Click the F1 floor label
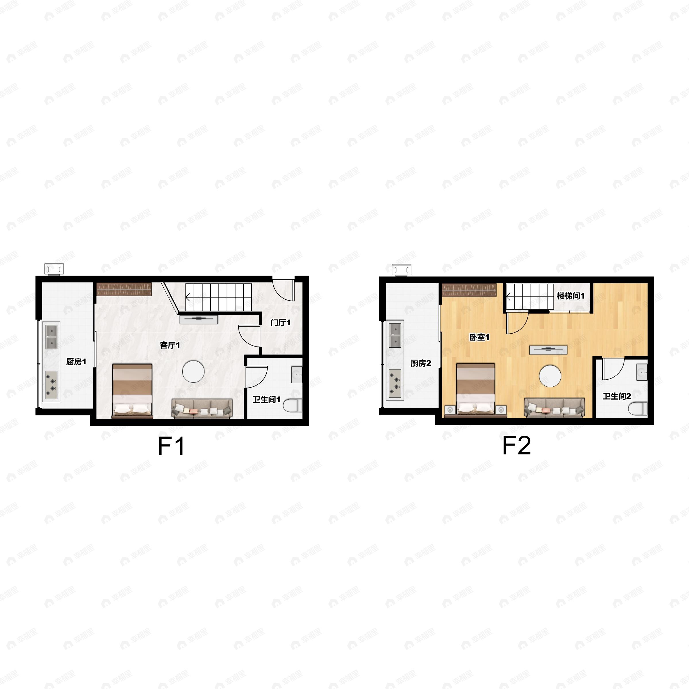[x=171, y=446]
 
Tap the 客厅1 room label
[x=170, y=345]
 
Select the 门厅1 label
[x=280, y=323]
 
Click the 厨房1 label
[x=76, y=362]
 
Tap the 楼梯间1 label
[x=571, y=296]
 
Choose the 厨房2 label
[x=421, y=363]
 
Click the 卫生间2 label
[x=617, y=396]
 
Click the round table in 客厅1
[x=193, y=371]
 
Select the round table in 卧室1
[x=550, y=376]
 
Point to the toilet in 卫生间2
[x=638, y=409]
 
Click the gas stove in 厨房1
[x=51, y=384]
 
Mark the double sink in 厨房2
[x=395, y=335]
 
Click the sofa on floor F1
[x=202, y=408]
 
